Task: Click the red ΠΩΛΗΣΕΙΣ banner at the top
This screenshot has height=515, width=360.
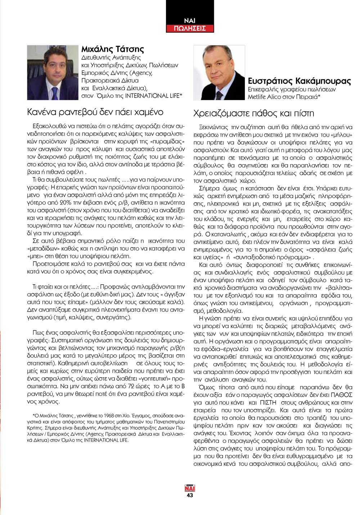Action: (190, 28)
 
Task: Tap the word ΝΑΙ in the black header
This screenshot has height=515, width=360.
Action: (190, 21)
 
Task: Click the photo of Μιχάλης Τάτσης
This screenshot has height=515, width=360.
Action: (53, 72)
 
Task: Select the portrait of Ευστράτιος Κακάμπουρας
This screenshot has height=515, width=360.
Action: (219, 73)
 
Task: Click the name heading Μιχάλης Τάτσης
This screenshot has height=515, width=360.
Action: (112, 49)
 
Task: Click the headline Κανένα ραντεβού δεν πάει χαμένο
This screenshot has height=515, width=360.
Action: (95, 112)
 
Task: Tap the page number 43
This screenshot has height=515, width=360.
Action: (190, 495)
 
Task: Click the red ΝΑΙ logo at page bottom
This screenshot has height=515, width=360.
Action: (190, 488)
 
